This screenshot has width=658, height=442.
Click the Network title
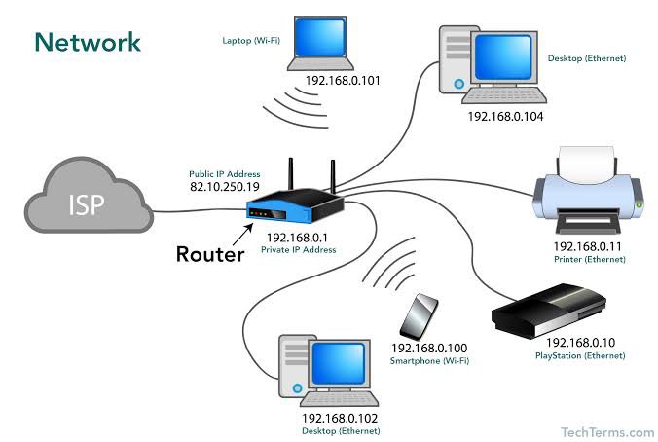(88, 41)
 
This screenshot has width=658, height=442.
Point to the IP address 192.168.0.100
(429, 348)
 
